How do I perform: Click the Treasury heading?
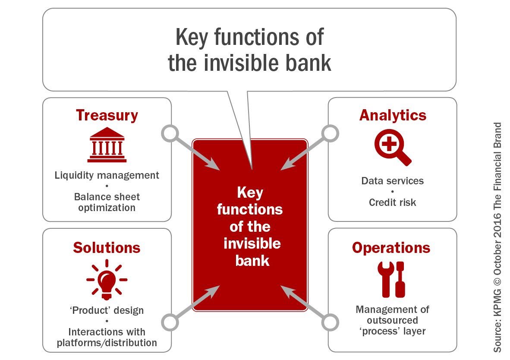(107, 116)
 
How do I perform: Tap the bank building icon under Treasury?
(107, 145)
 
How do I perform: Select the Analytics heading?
(393, 116)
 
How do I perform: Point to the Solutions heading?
(107, 248)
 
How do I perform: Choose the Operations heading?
(391, 248)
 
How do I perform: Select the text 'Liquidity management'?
(107, 176)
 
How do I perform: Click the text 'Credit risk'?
(392, 202)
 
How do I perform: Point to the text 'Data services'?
(392, 180)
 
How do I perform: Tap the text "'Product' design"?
(107, 310)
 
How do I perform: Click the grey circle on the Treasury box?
(170, 134)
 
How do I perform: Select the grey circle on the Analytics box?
(330, 134)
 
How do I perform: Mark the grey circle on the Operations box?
(330, 322)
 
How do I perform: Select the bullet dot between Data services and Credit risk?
(392, 191)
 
